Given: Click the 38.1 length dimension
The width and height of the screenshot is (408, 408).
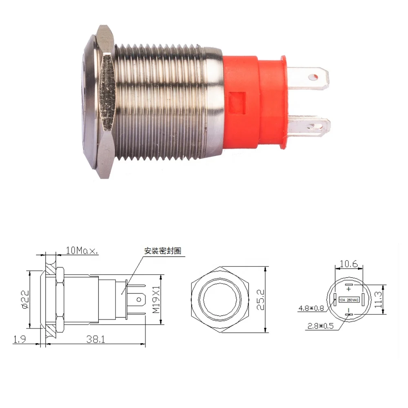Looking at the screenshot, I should [x=95, y=339].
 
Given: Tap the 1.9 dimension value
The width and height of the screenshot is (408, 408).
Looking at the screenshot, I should [x=20, y=339].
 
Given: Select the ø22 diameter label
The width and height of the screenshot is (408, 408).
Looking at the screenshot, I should [x=25, y=299].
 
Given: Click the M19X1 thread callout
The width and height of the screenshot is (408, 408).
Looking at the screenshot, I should [x=155, y=299].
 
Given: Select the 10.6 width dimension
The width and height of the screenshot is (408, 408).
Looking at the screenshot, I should [x=348, y=264].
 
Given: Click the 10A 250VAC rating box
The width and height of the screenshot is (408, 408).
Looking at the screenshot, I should [x=348, y=300].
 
